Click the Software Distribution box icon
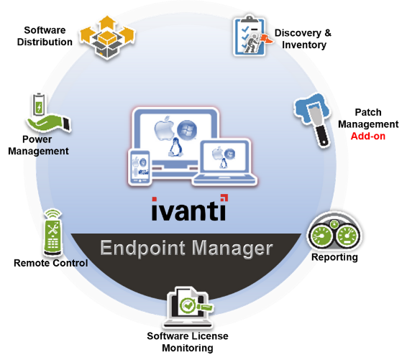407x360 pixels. (107, 37)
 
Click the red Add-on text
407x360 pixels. (367, 136)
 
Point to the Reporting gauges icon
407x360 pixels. (334, 231)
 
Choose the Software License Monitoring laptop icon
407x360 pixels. (188, 307)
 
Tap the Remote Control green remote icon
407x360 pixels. (53, 232)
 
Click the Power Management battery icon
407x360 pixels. (39, 104)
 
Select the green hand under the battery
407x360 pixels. (49, 124)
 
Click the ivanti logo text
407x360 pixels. (189, 209)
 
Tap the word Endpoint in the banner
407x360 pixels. (143, 249)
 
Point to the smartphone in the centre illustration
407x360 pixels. (140, 167)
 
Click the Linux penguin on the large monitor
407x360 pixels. (175, 147)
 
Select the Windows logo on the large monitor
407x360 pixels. (187, 129)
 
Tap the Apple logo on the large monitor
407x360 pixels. (164, 128)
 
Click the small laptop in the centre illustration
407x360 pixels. (225, 162)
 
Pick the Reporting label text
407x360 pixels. (334, 257)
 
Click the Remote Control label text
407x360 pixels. (50, 263)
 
